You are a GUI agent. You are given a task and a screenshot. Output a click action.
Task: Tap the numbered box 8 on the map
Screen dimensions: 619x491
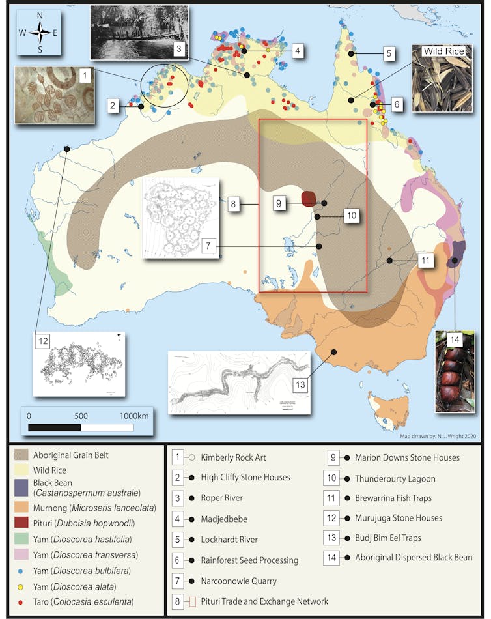[x=232, y=204]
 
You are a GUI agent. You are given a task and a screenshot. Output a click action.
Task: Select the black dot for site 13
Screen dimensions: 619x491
[x=333, y=352]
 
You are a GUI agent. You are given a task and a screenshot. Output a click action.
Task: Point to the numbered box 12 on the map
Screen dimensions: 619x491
[x=43, y=340]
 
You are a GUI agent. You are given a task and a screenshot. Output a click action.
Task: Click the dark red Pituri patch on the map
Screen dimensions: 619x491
[x=309, y=198]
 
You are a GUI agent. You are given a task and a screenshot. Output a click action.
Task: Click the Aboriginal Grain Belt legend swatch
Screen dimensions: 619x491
[x=24, y=453]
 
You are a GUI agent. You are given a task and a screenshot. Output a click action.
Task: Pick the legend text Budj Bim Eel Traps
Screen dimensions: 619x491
[x=397, y=538]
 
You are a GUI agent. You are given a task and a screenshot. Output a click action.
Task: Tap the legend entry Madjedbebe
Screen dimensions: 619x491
[x=221, y=519]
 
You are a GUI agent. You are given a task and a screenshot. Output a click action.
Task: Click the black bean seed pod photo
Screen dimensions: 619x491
[x=454, y=371]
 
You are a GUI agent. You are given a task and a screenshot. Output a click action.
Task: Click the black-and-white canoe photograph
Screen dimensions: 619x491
[x=139, y=33]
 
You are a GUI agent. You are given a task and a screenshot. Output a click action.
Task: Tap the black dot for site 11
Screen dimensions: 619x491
[x=389, y=261]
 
